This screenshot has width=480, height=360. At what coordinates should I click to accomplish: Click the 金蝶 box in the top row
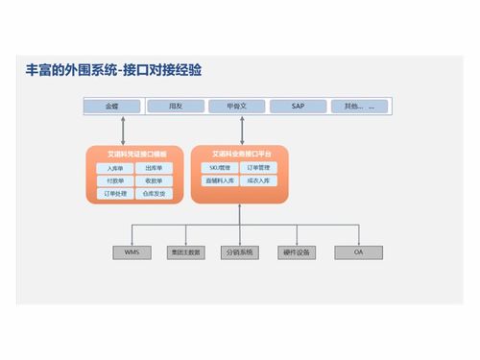tap(112, 106)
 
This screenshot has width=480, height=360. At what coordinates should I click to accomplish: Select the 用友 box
tap(175, 106)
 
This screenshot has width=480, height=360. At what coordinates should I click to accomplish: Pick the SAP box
tap(298, 106)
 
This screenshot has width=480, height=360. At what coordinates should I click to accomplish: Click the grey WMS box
tap(132, 252)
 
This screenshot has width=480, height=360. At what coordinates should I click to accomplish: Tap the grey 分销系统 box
tap(238, 252)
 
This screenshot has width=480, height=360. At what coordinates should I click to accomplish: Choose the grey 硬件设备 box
tap(297, 252)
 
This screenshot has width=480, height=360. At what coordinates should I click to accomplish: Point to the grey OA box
tap(357, 252)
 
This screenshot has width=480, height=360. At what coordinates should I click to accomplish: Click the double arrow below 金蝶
tap(123, 129)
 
